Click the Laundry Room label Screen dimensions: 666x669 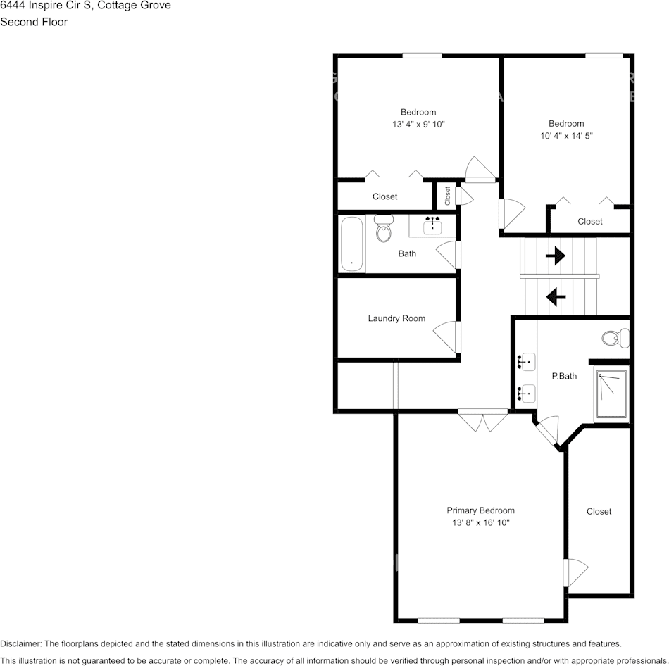[x=396, y=318]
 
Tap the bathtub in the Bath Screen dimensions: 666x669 [x=351, y=244]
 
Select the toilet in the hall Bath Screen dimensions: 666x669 [x=383, y=228]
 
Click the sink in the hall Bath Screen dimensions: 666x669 [x=432, y=225]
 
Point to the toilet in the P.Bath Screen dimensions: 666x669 [x=616, y=337]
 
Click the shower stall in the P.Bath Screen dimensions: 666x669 [x=611, y=395]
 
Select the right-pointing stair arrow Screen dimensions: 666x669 [x=556, y=256]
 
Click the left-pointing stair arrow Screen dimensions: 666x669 [x=556, y=297]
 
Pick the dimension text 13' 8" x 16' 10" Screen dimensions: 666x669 [x=480, y=523]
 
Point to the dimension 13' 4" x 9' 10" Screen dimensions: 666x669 [x=418, y=124]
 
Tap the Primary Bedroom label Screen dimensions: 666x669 [x=480, y=510]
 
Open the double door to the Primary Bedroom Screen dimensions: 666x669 [x=482, y=420]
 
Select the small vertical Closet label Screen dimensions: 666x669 [x=447, y=196]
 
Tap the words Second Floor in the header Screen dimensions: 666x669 [x=34, y=22]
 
